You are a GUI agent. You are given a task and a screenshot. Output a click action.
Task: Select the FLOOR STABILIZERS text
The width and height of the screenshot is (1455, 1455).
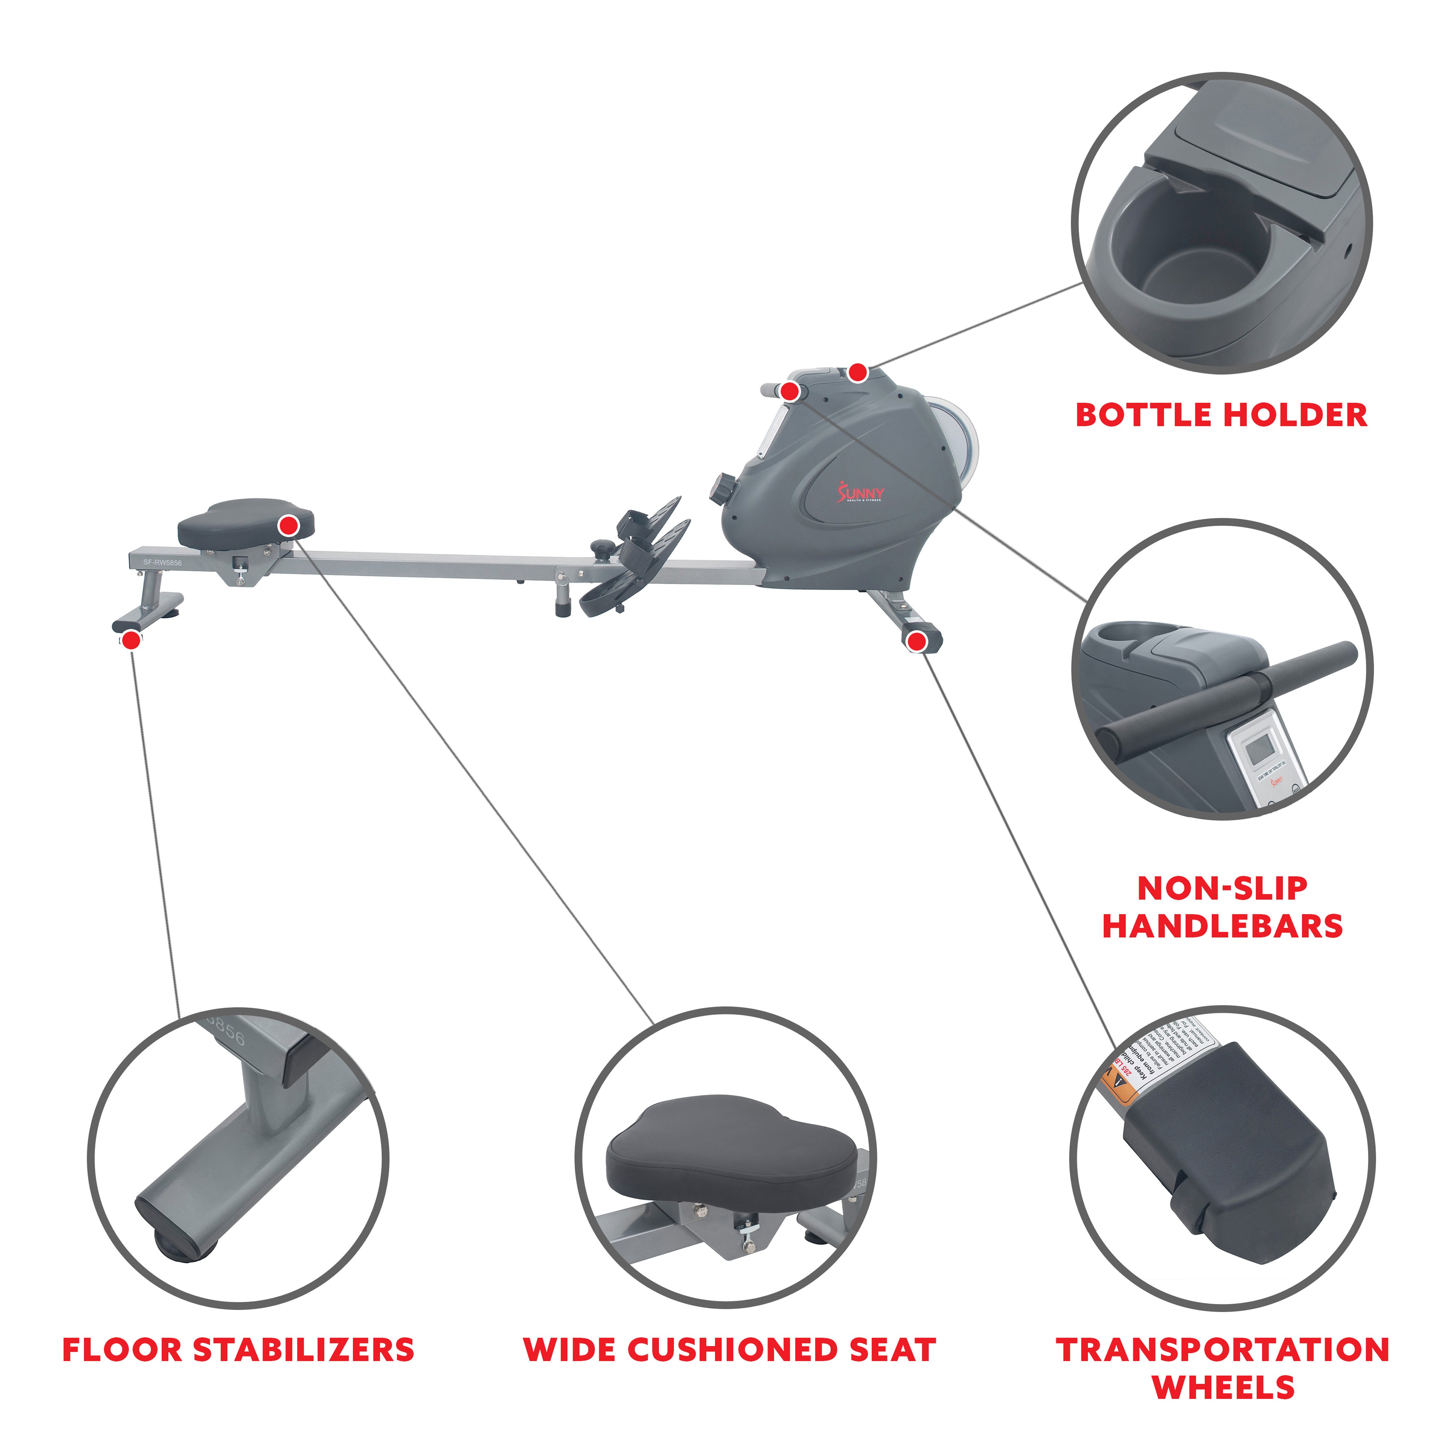238,1350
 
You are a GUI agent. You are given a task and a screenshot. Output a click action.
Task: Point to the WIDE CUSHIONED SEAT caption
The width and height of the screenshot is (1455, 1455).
729,1350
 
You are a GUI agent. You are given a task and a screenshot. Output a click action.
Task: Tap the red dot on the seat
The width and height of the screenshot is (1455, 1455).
288,526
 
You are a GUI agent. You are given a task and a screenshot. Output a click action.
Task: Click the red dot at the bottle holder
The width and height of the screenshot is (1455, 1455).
858,372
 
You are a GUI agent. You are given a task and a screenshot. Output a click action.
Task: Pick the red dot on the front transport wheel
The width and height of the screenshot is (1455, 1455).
916,641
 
